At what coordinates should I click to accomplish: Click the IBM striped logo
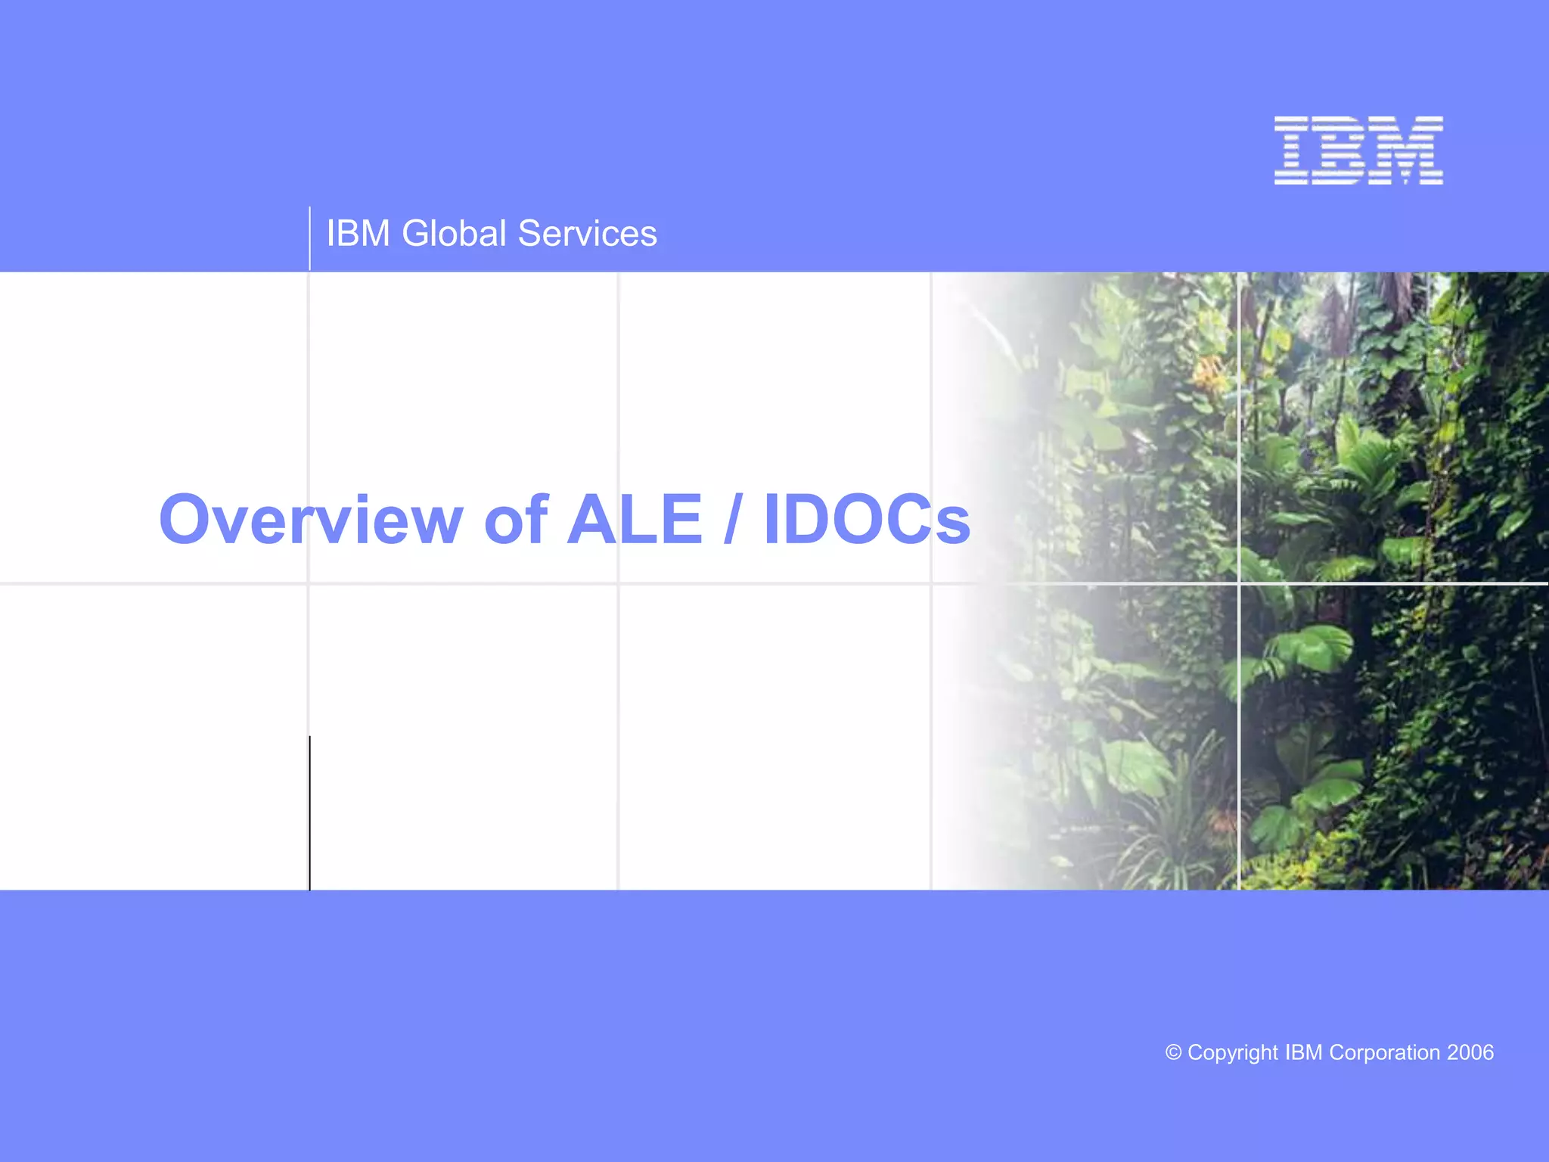tap(1358, 151)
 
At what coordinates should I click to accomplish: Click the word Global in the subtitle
tap(454, 233)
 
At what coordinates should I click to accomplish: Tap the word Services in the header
tap(588, 233)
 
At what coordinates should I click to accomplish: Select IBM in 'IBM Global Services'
tap(358, 233)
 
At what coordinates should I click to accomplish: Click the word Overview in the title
tap(310, 520)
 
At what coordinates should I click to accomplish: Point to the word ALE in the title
tap(635, 520)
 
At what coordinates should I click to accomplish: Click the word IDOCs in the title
tap(867, 520)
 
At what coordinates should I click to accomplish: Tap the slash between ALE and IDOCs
tap(731, 520)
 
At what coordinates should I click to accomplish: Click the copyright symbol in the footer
tap(1173, 1052)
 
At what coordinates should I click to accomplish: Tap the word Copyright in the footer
tap(1233, 1052)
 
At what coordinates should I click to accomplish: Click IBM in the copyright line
tap(1304, 1052)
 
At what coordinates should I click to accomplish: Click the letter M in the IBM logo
tap(1408, 151)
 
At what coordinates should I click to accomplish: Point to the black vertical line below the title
tap(309, 813)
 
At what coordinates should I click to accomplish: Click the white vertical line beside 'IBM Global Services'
tap(309, 238)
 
